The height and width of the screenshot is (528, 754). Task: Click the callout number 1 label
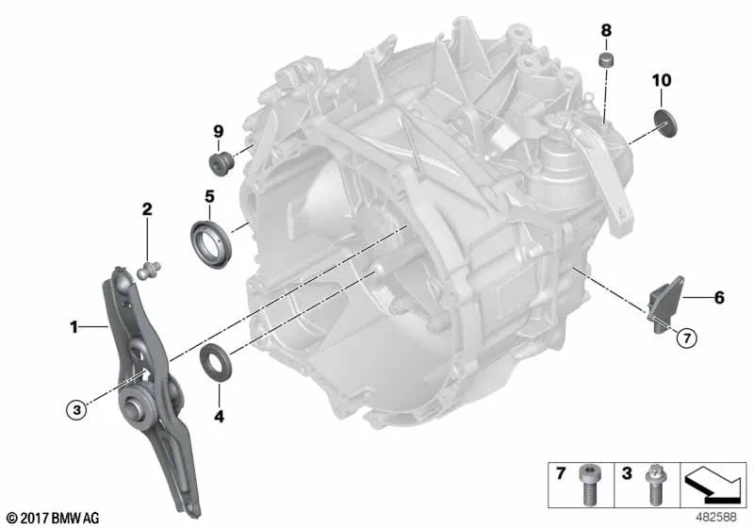(73, 328)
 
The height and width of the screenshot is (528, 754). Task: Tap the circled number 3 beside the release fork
(74, 408)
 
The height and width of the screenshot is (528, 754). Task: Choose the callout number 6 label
(718, 299)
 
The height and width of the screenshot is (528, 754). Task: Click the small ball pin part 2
(146, 272)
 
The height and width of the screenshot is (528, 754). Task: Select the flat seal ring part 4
(217, 362)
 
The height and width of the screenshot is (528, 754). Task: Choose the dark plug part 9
(220, 165)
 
